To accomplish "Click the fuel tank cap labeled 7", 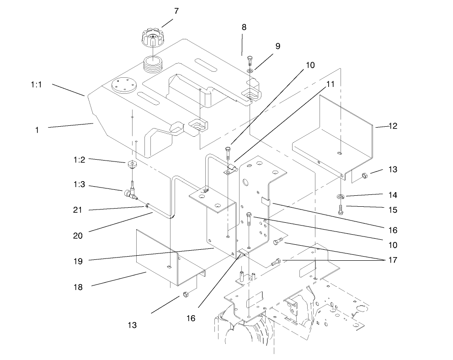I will pos(153,38).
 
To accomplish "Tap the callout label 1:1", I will pos(37,85).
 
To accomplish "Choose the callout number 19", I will pos(78,261).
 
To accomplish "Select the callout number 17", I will pos(393,260).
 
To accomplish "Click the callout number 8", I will pos(244,27).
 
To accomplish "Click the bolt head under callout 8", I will pos(250,59).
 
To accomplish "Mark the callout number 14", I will pos(392,195).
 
